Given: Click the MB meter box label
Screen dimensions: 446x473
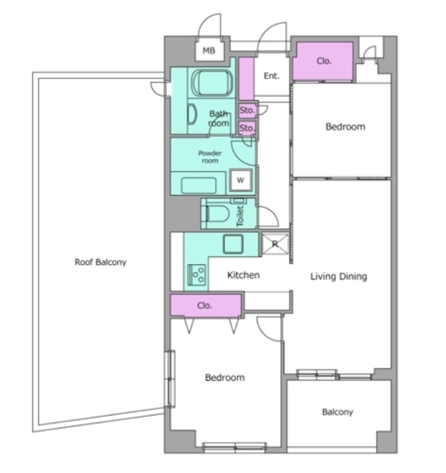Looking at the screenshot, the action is [x=209, y=50].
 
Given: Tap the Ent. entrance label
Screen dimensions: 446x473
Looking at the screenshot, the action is [x=271, y=76].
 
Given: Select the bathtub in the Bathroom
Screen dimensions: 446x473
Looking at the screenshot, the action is [x=212, y=83].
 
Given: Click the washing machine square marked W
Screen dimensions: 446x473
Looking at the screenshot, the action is [x=240, y=181].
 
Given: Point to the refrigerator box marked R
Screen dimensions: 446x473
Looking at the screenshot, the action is [x=275, y=244].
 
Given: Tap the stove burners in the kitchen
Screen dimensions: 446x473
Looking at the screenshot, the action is [x=197, y=275].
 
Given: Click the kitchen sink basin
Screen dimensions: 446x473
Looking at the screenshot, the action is [x=232, y=244].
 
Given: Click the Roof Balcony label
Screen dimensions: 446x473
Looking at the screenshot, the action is [x=101, y=262].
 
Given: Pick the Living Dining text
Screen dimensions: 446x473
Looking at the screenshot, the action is [x=339, y=276].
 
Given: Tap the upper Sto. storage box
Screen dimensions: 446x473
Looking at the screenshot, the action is [x=247, y=110].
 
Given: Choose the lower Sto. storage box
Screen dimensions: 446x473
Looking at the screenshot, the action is [x=247, y=128].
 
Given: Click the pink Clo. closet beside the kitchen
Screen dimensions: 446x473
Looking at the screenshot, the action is [x=206, y=305].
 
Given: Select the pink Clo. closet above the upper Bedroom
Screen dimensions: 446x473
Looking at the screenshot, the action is [x=323, y=61].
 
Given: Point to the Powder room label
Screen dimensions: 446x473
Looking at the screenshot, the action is [x=210, y=157].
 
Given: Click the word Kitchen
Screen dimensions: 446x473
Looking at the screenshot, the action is [x=243, y=275].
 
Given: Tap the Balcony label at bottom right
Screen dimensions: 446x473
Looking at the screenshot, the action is [x=337, y=412].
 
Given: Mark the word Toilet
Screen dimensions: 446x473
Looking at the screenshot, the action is [x=240, y=216].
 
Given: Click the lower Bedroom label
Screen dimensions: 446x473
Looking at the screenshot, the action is [x=225, y=378].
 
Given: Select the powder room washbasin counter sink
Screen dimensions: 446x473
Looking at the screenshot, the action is [x=199, y=185].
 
